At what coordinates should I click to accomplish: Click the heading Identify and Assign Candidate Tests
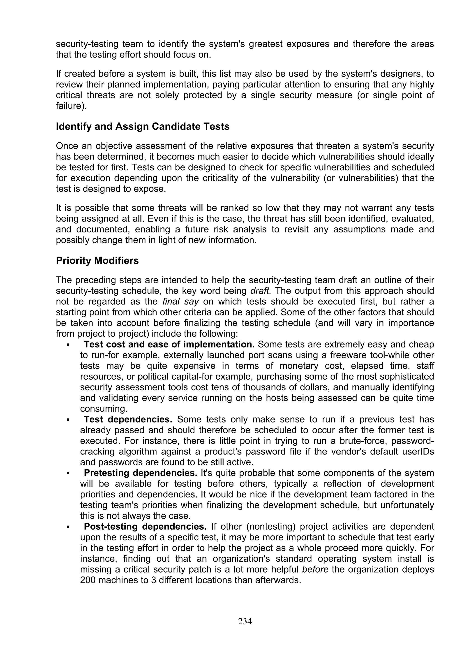click(x=143, y=126)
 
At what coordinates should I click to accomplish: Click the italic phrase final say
click(x=180, y=301)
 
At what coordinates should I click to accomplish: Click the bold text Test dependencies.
click(x=128, y=420)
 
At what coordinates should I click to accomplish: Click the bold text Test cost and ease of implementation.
click(x=169, y=344)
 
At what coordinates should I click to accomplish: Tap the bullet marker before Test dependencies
click(x=68, y=420)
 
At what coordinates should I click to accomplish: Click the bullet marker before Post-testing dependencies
click(x=68, y=527)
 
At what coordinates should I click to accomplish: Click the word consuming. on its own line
click(x=104, y=409)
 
